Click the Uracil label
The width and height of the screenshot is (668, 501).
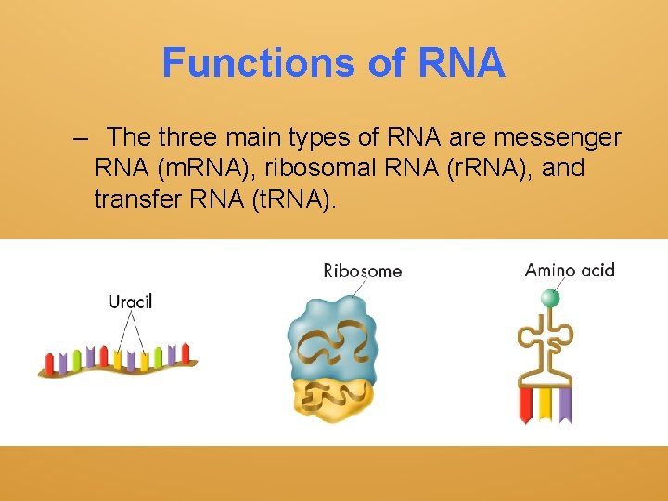click(131, 301)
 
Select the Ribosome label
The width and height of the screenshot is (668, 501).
click(362, 271)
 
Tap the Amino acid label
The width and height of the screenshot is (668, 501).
click(570, 270)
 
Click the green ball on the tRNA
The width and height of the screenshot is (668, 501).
click(551, 298)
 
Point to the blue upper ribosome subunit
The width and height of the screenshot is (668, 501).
click(332, 329)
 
